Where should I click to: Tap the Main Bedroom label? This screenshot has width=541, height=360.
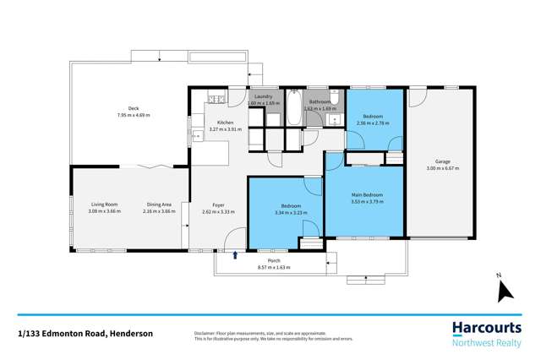click(367, 195)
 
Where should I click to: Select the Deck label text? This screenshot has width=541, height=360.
click(133, 108)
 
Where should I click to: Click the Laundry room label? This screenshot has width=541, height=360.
click(264, 96)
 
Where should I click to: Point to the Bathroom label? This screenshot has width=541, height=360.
click(320, 101)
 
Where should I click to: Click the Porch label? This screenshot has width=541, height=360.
click(274, 260)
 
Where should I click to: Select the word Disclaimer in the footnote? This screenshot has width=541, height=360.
click(207, 333)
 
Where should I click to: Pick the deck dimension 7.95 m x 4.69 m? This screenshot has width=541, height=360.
click(133, 115)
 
